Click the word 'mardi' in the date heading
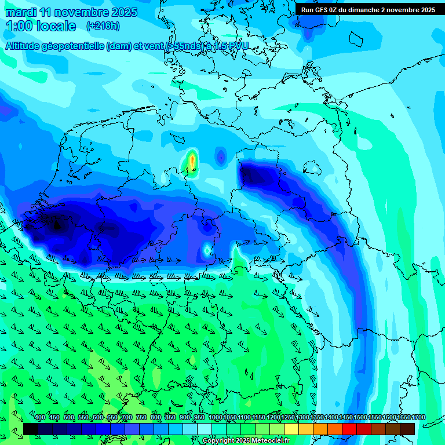(21, 12)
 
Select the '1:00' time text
(19, 26)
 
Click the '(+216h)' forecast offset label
(103, 26)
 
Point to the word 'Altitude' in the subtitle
(25, 46)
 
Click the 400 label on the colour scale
(40, 418)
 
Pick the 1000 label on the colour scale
(215, 418)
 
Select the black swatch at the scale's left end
(31, 429)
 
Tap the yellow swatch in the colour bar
(291, 429)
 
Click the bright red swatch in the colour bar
(349, 429)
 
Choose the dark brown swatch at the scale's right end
(407, 429)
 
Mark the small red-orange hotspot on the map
(192, 161)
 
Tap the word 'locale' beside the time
(56, 26)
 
